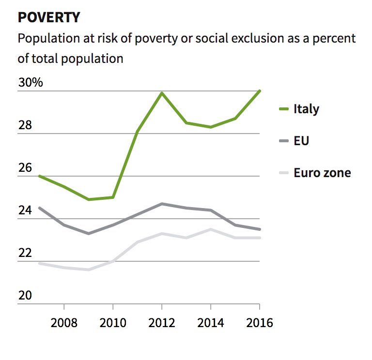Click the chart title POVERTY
pyautogui.click(x=49, y=17)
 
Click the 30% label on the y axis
pyautogui.click(x=31, y=82)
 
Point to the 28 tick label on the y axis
pyautogui.click(x=25, y=125)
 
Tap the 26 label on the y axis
pyautogui.click(x=25, y=168)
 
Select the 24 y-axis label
pyautogui.click(x=25, y=210)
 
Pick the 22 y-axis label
pyautogui.click(x=25, y=253)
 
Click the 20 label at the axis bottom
pyautogui.click(x=25, y=296)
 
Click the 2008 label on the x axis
pyautogui.click(x=64, y=323)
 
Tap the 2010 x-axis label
pyautogui.click(x=113, y=323)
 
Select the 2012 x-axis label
pyautogui.click(x=162, y=323)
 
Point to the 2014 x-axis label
pyautogui.click(x=211, y=323)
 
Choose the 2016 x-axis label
pyautogui.click(x=259, y=323)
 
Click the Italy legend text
pyautogui.click(x=306, y=109)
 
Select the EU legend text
pyautogui.click(x=301, y=141)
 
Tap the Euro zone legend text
pyautogui.click(x=322, y=173)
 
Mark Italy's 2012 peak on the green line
pyautogui.click(x=162, y=93)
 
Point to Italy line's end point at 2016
pyautogui.click(x=260, y=91)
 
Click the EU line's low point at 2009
pyautogui.click(x=88, y=233)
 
